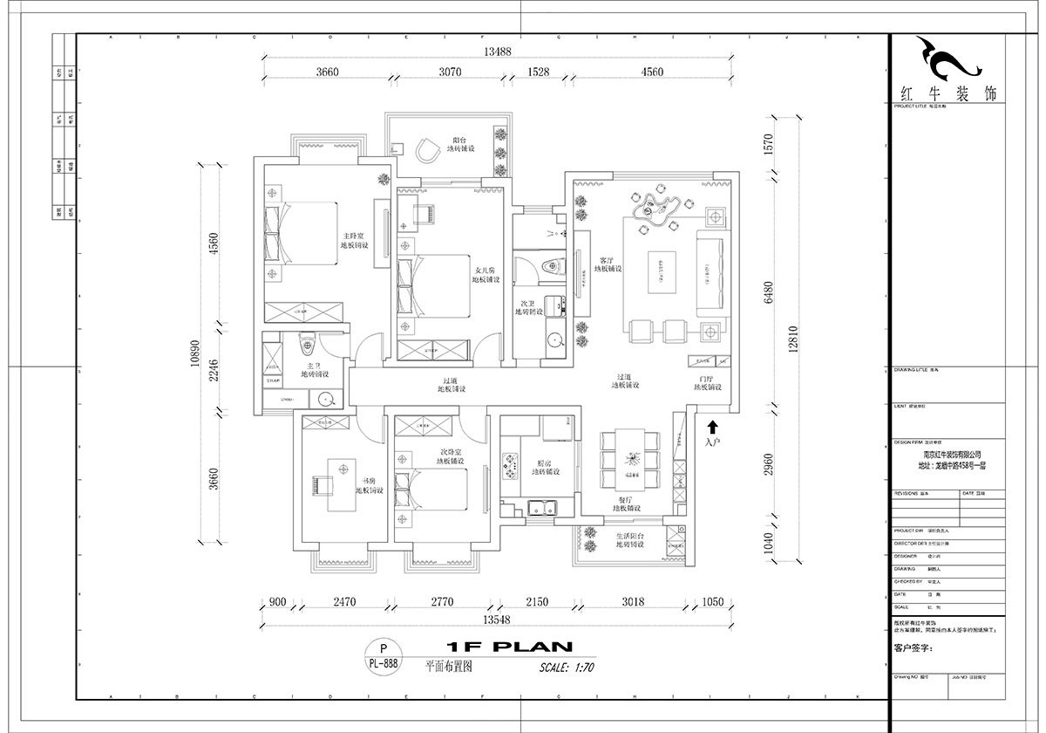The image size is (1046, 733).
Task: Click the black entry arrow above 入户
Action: point(713,427)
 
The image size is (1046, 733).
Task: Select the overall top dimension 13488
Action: point(500,52)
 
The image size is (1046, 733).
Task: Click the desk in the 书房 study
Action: point(336,485)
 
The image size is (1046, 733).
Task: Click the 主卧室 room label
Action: point(354,240)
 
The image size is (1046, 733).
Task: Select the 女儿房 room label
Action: point(486,274)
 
